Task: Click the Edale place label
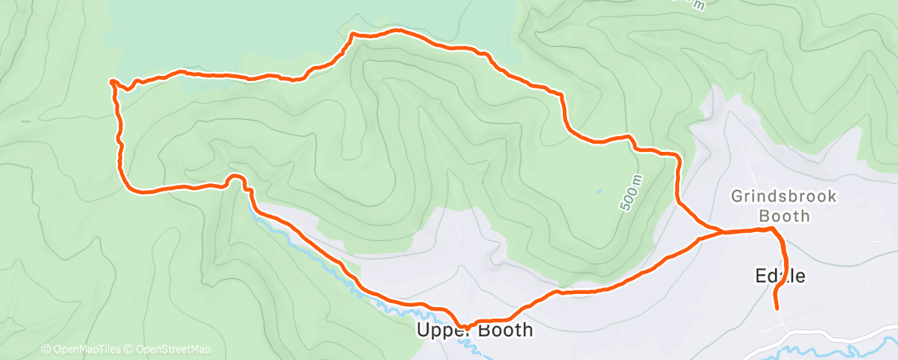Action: click(780, 277)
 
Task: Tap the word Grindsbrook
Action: click(773, 197)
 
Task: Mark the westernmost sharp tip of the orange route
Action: click(111, 81)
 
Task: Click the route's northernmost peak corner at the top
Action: click(353, 34)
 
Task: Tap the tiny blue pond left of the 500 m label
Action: click(600, 192)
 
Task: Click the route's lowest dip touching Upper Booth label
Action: click(466, 328)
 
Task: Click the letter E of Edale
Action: click(759, 277)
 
